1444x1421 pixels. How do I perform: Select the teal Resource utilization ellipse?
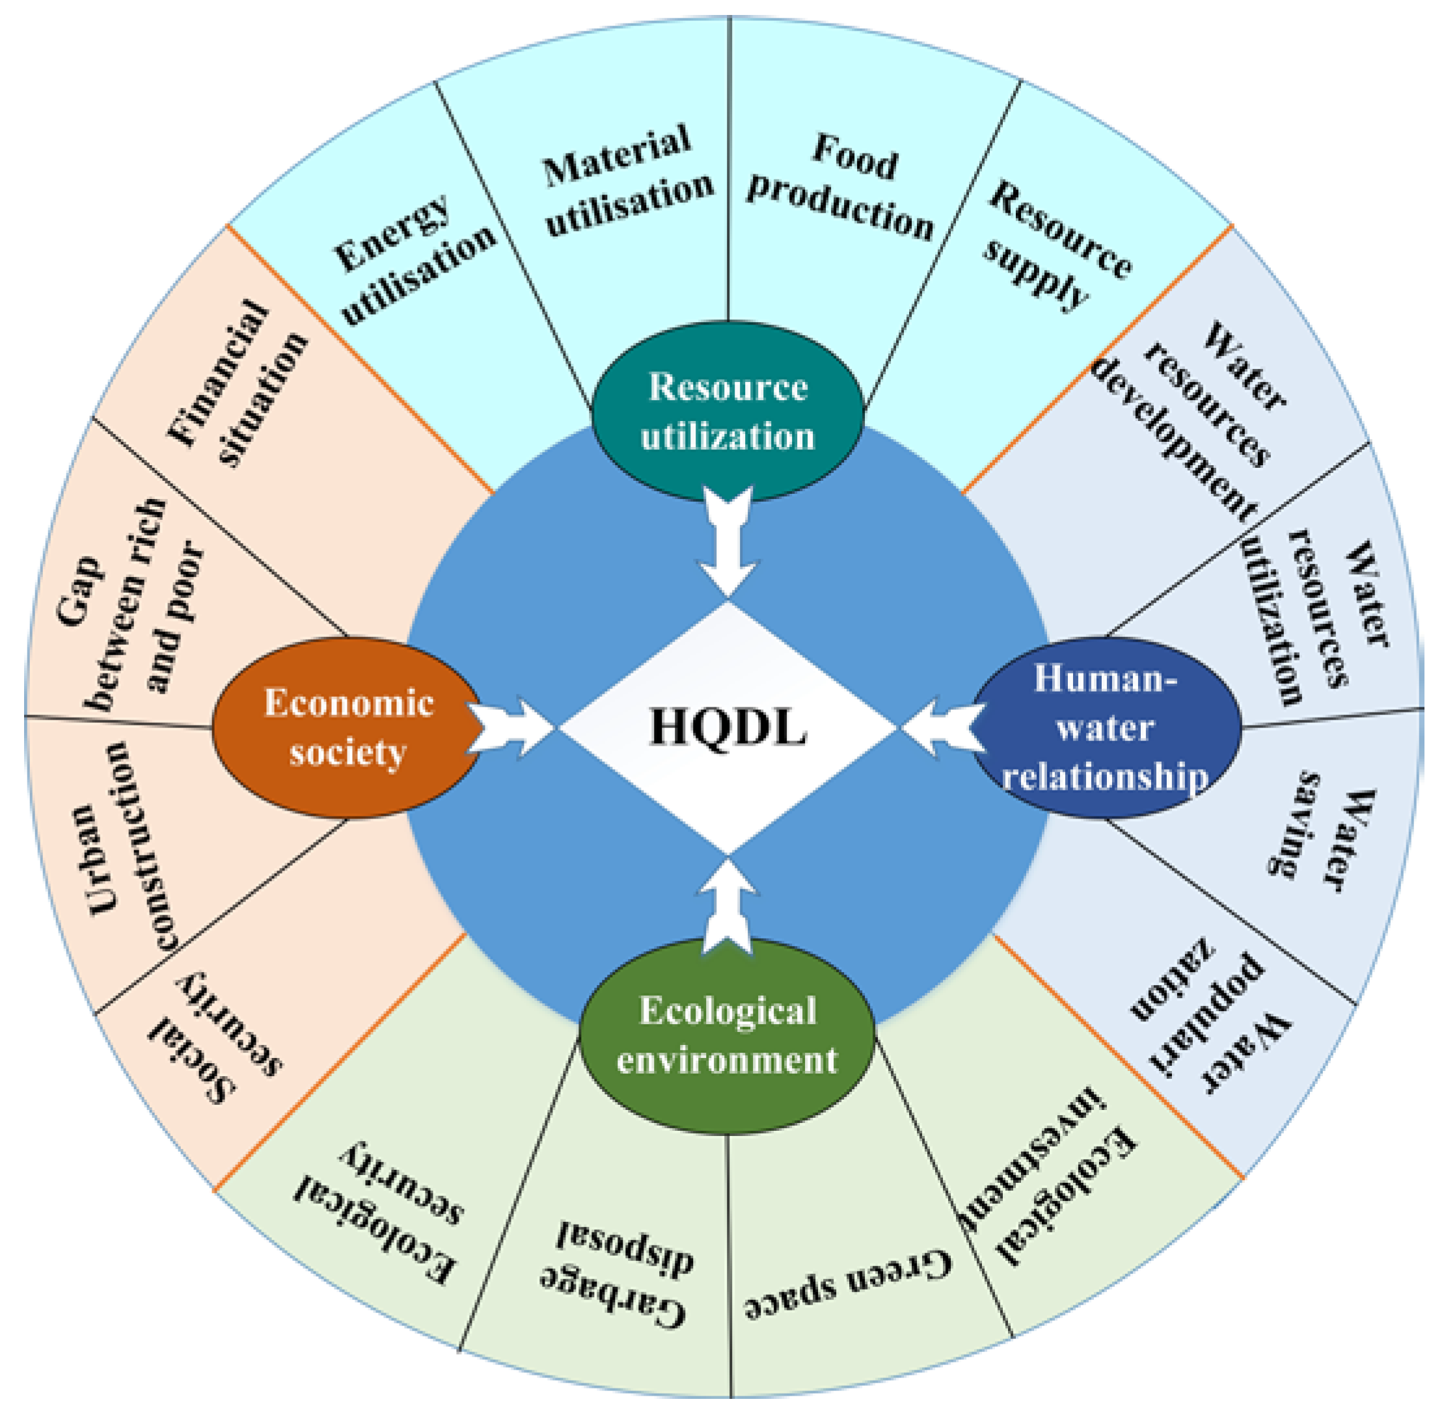(x=728, y=411)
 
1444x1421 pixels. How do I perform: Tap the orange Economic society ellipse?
(x=347, y=727)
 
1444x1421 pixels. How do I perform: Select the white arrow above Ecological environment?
(x=728, y=907)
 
